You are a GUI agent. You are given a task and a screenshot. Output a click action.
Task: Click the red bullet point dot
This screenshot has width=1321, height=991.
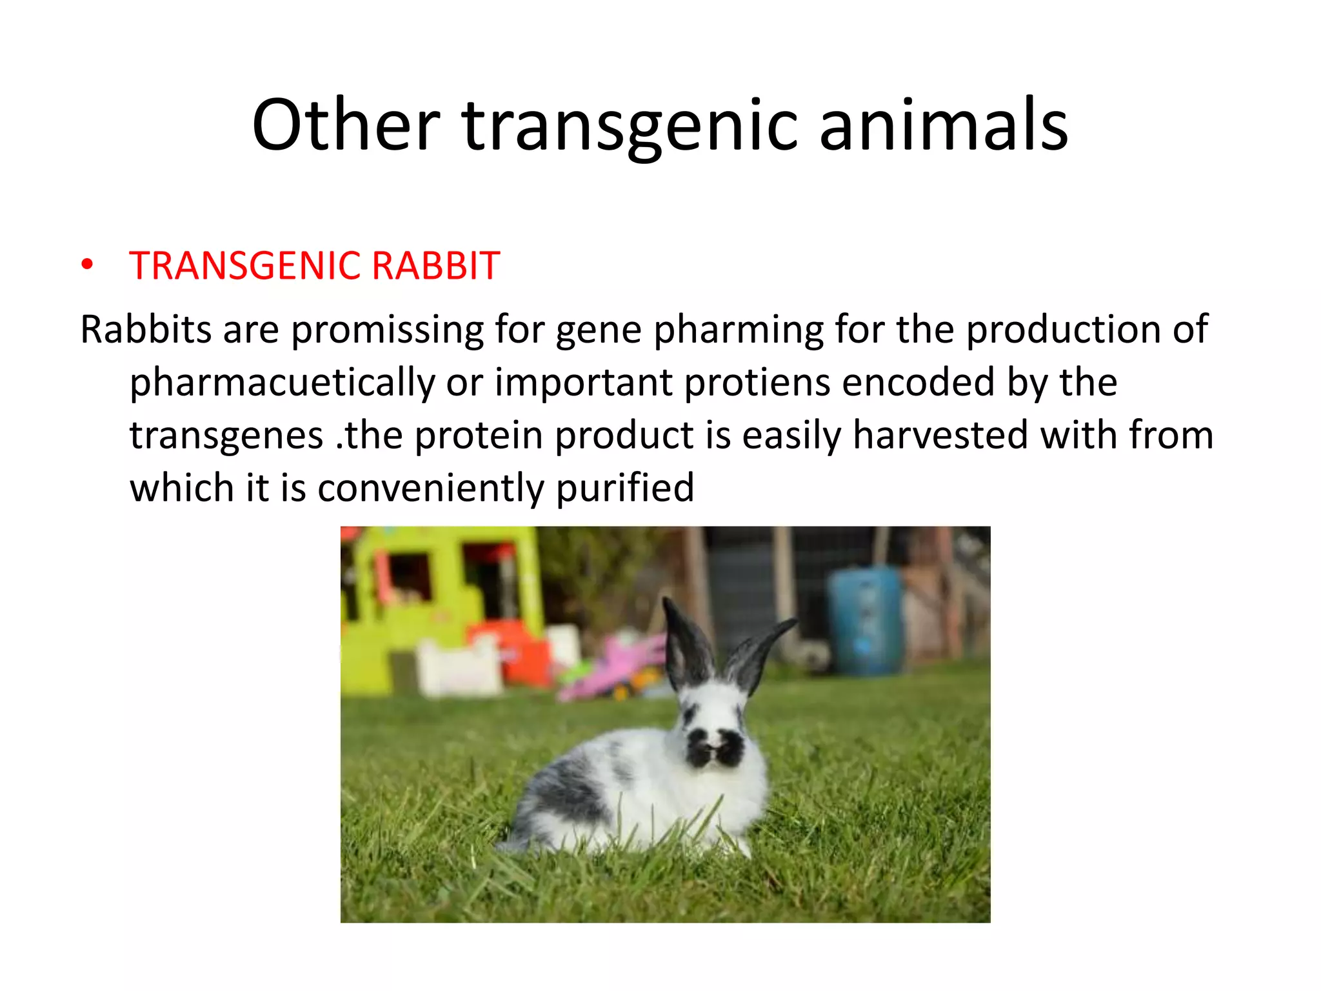coord(87,265)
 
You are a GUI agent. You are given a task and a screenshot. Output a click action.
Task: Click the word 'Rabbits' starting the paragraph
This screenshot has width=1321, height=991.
coord(146,330)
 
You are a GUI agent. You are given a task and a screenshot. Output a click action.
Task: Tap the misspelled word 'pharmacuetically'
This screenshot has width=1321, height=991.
coord(282,383)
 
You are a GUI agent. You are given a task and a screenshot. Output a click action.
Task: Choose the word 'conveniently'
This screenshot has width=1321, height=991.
coord(431,488)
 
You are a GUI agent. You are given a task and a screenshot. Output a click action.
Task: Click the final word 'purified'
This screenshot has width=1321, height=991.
coord(624,488)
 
